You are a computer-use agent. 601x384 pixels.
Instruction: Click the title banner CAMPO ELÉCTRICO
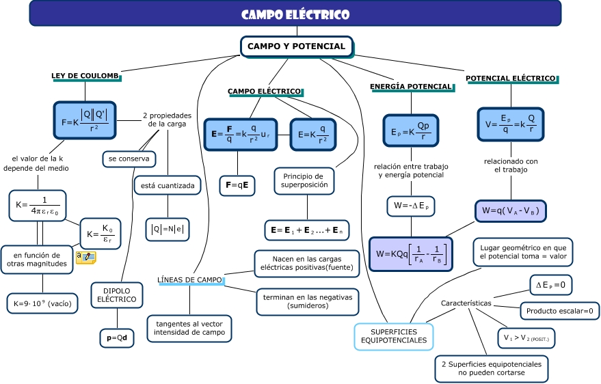coord(295,14)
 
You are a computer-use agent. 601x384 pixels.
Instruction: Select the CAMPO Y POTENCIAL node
coord(296,46)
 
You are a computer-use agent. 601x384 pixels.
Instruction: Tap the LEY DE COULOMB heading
coord(85,76)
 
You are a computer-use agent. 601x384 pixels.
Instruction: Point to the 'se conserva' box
coord(129,159)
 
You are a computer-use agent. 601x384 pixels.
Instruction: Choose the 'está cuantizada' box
coord(168,185)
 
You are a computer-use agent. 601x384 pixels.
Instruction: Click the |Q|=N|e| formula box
coord(168,229)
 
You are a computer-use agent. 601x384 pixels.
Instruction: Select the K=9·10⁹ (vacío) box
coord(42,303)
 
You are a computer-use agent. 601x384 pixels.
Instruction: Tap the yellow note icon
coord(85,257)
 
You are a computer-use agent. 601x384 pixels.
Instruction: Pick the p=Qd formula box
coord(117,338)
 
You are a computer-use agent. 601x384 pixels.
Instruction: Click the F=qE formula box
coord(237,185)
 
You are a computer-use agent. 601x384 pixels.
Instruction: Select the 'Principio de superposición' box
coord(306,180)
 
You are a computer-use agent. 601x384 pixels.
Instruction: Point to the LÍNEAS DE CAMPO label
coord(189,280)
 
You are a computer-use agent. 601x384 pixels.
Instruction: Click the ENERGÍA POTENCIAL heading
coord(411,87)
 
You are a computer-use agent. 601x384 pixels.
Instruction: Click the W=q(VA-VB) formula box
coord(511,211)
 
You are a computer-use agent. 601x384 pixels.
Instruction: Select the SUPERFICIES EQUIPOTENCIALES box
coord(394,335)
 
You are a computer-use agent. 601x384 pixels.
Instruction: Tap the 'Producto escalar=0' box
coord(559,311)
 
